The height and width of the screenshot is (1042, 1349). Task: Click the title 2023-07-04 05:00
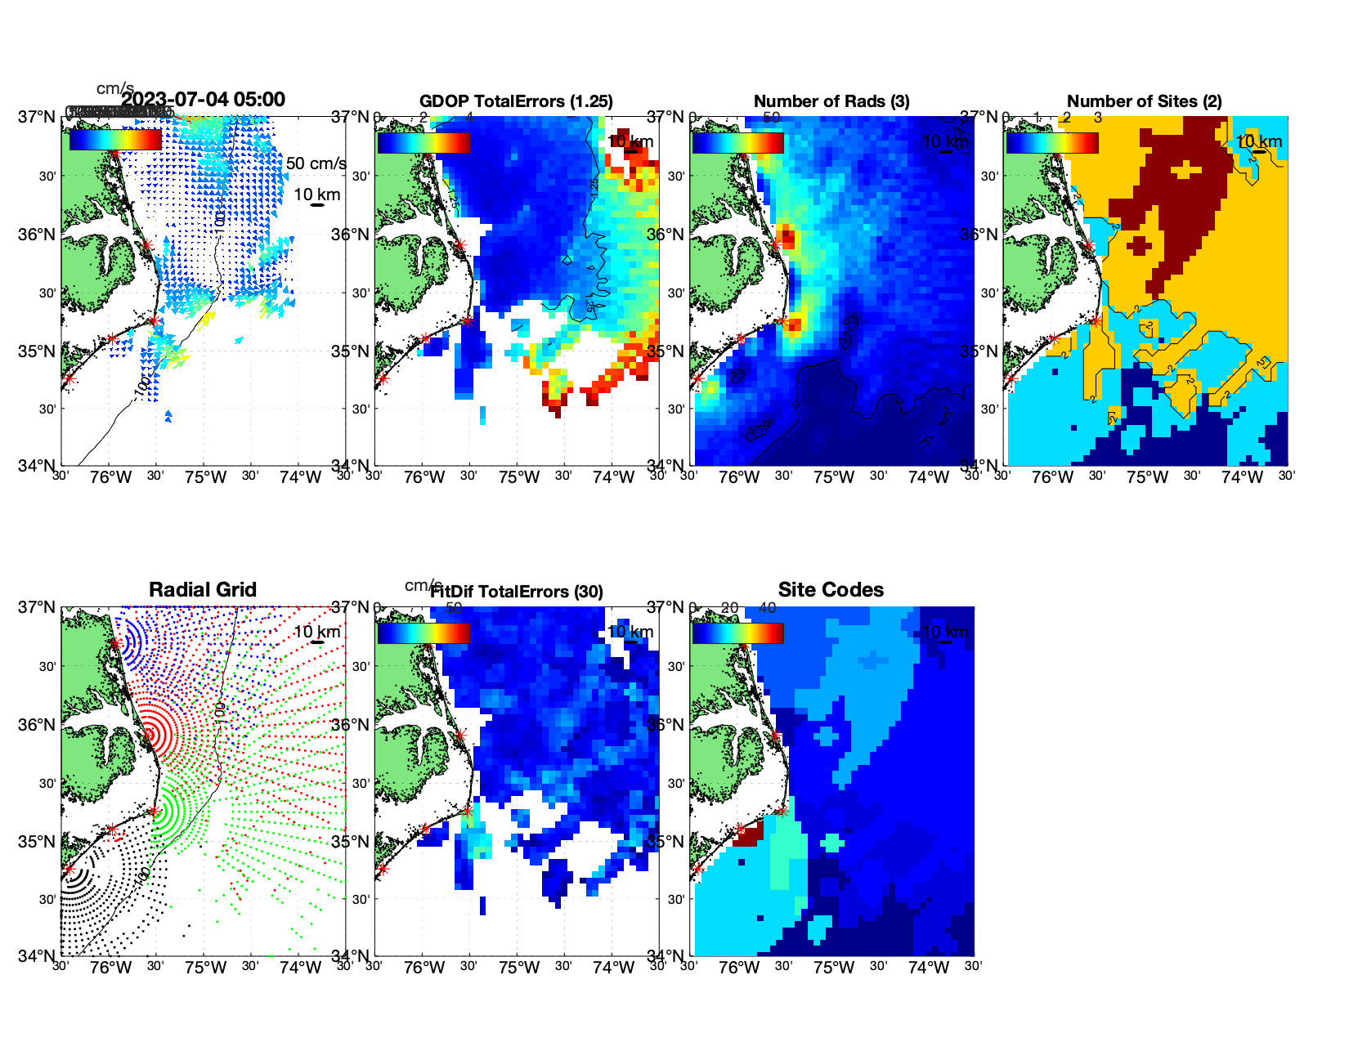pyautogui.click(x=204, y=100)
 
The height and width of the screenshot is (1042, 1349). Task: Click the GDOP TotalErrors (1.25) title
pyautogui.click(x=516, y=101)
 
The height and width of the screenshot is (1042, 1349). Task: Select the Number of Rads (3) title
pyautogui.click(x=831, y=101)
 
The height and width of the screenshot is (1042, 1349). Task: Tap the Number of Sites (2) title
pyautogui.click(x=1144, y=101)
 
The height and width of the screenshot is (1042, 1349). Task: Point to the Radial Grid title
pyautogui.click(x=203, y=590)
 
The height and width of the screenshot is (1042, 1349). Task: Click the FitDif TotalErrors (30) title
pyautogui.click(x=517, y=592)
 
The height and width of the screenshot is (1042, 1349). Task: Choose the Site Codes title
pyautogui.click(x=831, y=590)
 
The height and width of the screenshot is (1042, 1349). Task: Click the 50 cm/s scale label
pyautogui.click(x=316, y=163)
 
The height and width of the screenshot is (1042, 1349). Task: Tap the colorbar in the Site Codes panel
pyautogui.click(x=737, y=633)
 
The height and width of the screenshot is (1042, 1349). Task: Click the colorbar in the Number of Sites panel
pyautogui.click(x=1051, y=143)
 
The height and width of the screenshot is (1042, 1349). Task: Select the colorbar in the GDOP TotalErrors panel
pyautogui.click(x=424, y=143)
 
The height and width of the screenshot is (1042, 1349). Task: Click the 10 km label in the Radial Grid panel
pyautogui.click(x=316, y=632)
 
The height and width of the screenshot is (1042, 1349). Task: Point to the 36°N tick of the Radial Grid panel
pyautogui.click(x=37, y=725)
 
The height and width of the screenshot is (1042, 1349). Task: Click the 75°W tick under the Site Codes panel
pyautogui.click(x=833, y=968)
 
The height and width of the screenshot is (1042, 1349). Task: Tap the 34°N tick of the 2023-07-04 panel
pyautogui.click(x=37, y=466)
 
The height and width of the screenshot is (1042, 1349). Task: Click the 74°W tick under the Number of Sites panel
pyautogui.click(x=1242, y=477)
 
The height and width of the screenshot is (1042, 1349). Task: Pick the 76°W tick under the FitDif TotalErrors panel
pyautogui.click(x=424, y=968)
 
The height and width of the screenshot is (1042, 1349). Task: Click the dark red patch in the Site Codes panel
pyautogui.click(x=748, y=834)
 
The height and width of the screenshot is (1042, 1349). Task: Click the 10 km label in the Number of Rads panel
pyautogui.click(x=944, y=141)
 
